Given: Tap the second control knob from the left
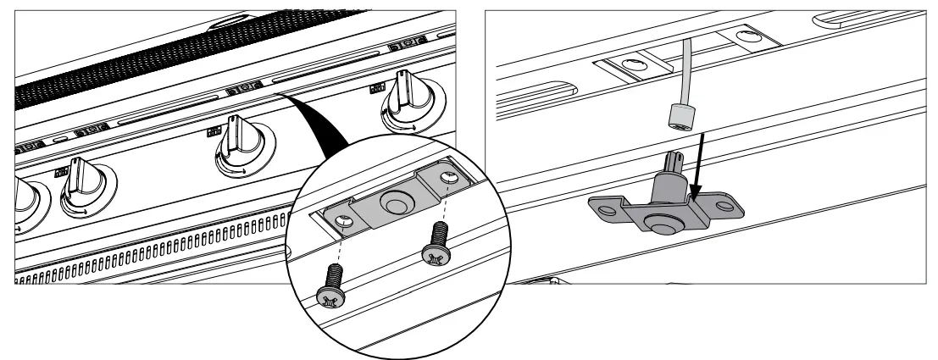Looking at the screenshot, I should click(x=84, y=187).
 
